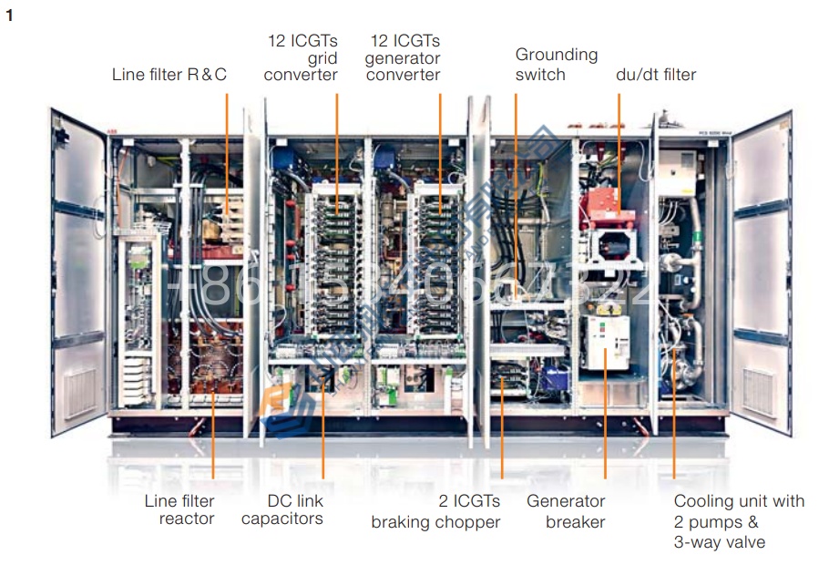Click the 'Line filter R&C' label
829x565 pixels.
coord(169,75)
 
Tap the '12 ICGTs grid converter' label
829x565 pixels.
coord(302,57)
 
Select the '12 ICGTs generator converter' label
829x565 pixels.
coord(404,57)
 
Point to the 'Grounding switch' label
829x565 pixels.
coord(556,64)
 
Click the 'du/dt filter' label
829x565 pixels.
coord(656,75)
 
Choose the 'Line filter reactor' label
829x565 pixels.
coord(179,509)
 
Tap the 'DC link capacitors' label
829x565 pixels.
coord(282,509)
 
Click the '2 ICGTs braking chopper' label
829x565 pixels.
coord(435,511)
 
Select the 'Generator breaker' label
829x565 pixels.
coord(566,511)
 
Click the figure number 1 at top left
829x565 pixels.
coord(9,15)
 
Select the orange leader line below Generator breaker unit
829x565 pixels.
coord(605,428)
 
